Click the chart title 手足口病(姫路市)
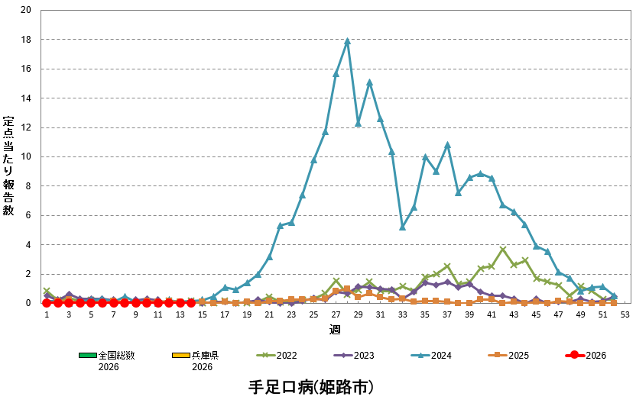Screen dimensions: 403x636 (311, 387)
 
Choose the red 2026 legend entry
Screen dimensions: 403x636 (586, 356)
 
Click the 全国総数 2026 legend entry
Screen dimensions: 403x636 (107, 360)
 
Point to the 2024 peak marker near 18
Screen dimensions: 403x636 (347, 41)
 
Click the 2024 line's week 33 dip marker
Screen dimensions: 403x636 (403, 227)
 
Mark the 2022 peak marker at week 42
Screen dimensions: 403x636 (502, 250)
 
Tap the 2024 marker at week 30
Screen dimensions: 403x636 (369, 82)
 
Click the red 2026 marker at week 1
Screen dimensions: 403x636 (47, 303)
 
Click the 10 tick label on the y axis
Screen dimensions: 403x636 (28, 156)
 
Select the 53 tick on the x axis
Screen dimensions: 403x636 (625, 314)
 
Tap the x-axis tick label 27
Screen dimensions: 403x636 (336, 314)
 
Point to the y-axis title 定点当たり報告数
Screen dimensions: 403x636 (8, 165)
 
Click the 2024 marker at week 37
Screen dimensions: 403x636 (447, 145)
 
